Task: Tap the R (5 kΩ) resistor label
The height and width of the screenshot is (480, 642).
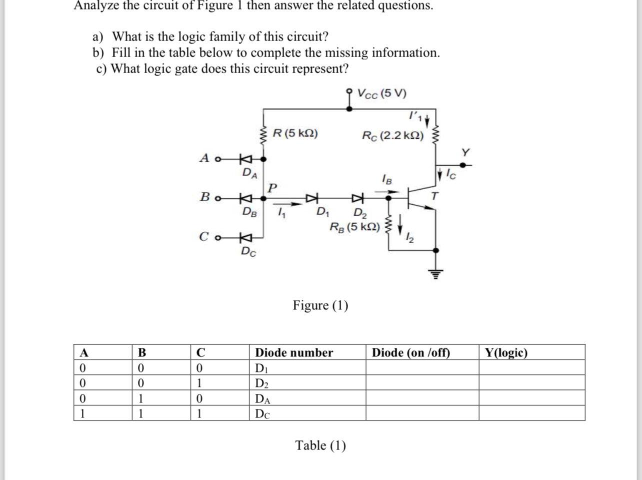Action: [x=295, y=134]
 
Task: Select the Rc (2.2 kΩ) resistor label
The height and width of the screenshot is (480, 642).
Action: [x=392, y=136]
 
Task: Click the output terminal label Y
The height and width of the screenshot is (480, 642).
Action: [x=465, y=152]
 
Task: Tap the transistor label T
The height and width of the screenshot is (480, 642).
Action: [x=435, y=196]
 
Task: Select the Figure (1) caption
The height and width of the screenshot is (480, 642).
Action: [x=320, y=305]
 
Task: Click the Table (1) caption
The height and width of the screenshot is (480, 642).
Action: [x=320, y=445]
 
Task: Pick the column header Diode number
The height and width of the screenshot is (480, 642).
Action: [x=294, y=352]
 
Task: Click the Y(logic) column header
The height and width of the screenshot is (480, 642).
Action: [x=506, y=352]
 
